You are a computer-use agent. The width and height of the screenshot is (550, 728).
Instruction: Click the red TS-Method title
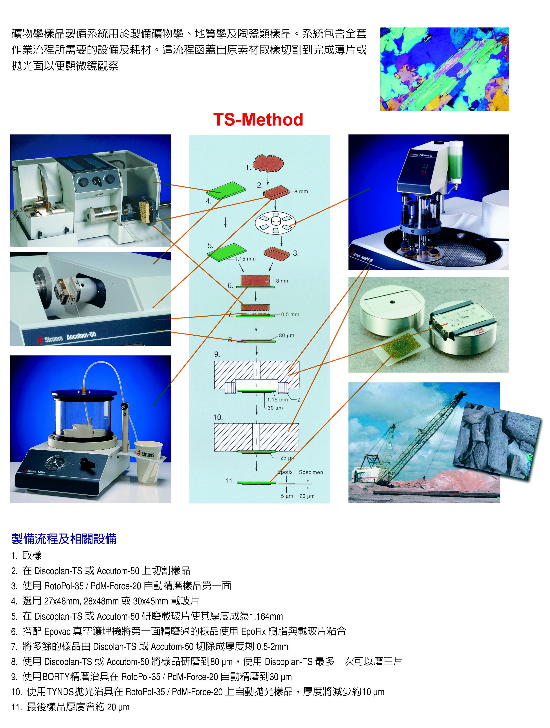(x=258, y=120)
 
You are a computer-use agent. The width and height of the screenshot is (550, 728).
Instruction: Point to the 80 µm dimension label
(x=286, y=335)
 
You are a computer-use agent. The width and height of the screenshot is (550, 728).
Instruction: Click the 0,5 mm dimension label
(x=290, y=314)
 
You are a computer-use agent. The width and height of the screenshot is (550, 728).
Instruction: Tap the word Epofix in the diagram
(x=285, y=472)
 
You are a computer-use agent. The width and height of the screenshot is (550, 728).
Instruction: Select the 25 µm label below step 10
(x=288, y=458)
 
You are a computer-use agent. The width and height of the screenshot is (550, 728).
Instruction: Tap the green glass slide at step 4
(x=226, y=190)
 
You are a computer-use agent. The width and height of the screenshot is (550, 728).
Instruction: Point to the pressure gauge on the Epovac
(x=55, y=463)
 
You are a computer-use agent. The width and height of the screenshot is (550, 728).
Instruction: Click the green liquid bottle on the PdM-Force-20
(x=456, y=161)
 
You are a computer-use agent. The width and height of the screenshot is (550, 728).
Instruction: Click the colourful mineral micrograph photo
(x=444, y=69)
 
